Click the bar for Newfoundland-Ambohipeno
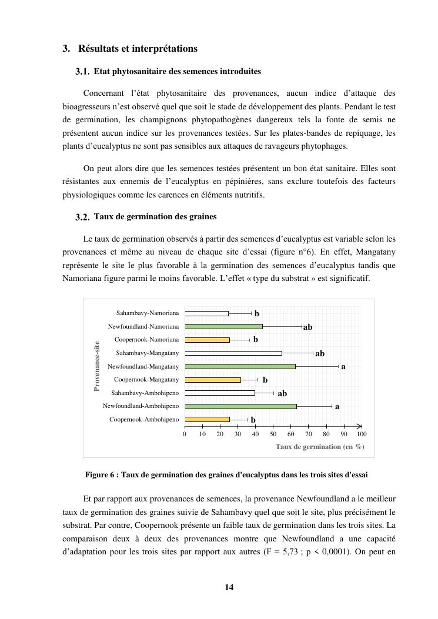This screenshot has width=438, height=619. point(240,406)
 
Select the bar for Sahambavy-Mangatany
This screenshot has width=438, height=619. point(233,353)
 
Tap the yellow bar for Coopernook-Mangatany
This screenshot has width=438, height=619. point(213,380)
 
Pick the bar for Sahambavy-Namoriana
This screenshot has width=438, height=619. point(206,313)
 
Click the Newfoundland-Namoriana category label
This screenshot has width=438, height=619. point(143,326)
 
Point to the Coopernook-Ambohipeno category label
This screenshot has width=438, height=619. point(144,420)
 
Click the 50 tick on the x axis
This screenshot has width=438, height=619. point(273,434)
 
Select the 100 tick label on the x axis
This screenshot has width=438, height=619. point(362,434)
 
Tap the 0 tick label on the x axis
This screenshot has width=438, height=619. point(185,434)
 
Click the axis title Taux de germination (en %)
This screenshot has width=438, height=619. point(320,447)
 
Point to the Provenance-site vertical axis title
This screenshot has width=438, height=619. point(97,366)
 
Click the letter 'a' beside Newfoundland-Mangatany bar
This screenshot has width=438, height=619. point(343,366)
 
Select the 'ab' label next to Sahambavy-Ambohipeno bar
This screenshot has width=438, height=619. point(282,393)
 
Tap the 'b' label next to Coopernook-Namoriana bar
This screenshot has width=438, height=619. point(256,340)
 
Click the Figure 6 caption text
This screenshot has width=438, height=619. point(226,474)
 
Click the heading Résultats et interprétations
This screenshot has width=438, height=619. point(138,49)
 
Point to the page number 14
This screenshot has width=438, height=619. point(229,587)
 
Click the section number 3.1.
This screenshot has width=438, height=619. point(82,72)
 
